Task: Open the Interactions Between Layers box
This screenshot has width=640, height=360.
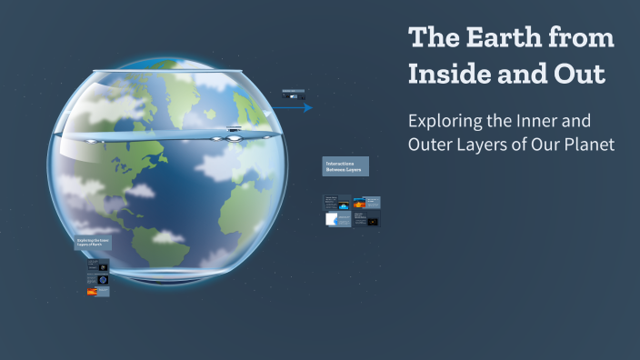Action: point(345,166)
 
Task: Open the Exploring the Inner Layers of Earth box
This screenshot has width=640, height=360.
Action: point(94,243)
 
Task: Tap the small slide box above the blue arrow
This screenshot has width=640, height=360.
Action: point(293,94)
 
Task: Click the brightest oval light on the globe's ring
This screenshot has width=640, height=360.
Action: point(233,137)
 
